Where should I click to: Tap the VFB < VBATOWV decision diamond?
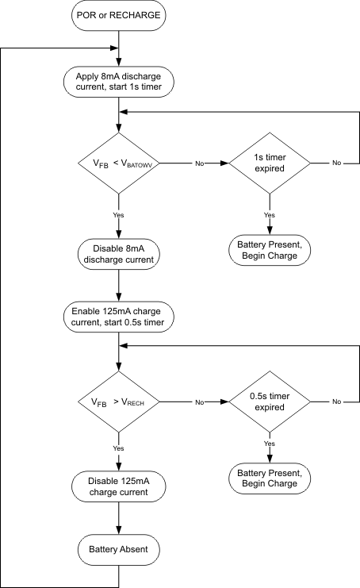(x=118, y=163)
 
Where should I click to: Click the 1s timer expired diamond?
(x=270, y=163)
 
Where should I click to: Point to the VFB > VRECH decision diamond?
(x=118, y=402)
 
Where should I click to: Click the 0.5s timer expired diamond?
(x=270, y=402)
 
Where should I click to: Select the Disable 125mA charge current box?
(x=118, y=486)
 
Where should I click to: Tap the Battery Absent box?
(x=118, y=548)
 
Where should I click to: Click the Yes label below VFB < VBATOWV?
(x=118, y=215)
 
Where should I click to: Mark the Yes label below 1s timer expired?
(x=270, y=215)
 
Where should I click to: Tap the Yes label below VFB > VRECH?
(x=118, y=448)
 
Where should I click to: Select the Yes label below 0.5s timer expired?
(x=270, y=444)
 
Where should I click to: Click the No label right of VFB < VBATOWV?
(x=199, y=163)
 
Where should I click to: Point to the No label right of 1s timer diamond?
(x=336, y=163)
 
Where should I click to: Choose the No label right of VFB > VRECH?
(x=199, y=402)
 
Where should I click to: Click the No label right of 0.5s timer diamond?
(x=336, y=402)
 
